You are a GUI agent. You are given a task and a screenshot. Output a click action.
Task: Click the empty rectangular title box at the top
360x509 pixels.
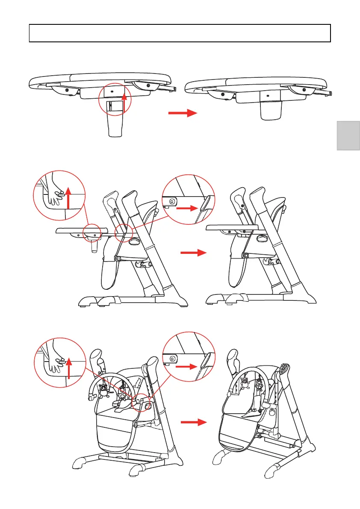coord(180,33)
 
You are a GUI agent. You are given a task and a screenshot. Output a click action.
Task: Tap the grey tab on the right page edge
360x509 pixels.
coord(348,135)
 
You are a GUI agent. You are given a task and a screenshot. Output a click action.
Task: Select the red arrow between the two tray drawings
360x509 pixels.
coord(182,113)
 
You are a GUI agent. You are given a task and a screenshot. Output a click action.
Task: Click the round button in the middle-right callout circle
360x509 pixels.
coord(172,201)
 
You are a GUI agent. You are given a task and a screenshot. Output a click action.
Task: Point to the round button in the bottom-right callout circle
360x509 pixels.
coord(172,359)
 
